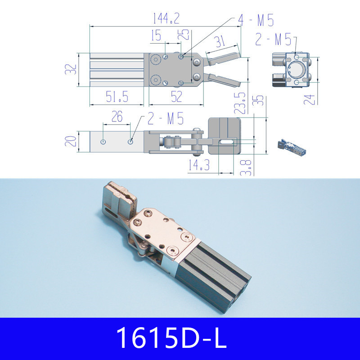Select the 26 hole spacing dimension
tap(117, 117)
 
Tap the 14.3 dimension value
tap(199, 166)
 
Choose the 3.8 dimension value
tap(246, 167)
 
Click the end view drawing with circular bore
tap(291, 69)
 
